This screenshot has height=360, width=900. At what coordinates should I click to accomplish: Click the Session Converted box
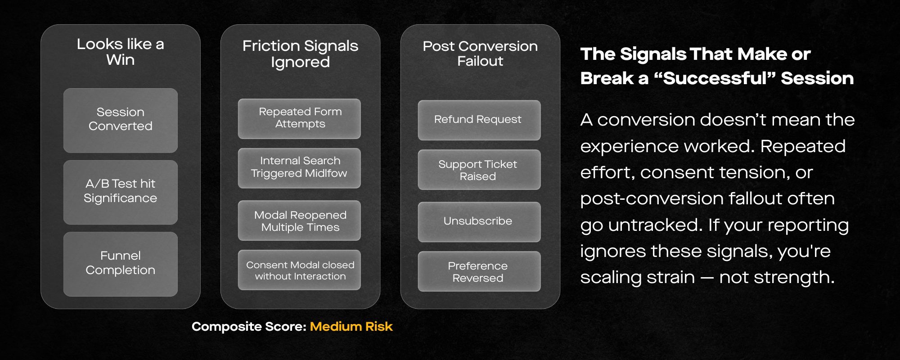tap(121, 120)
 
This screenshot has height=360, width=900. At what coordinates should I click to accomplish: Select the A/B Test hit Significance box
tap(121, 192)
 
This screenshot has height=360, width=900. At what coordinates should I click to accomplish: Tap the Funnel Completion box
tap(121, 264)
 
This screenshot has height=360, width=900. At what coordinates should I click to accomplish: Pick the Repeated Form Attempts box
tap(299, 119)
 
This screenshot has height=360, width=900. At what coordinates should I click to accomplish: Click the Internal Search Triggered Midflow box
tap(299, 168)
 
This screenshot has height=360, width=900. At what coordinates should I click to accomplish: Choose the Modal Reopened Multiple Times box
tap(299, 220)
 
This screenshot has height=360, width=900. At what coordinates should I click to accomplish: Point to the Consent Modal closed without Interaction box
tap(299, 270)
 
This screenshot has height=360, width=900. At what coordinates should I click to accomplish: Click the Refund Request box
tap(479, 120)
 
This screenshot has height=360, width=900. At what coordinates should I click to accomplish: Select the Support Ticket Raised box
tap(479, 170)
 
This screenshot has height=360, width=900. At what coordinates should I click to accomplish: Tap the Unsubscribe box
tap(479, 222)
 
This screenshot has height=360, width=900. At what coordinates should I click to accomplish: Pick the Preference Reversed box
tap(479, 271)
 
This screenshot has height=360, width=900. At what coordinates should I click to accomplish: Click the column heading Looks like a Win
tap(121, 52)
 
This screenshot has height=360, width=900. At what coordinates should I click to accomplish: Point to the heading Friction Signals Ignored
tap(300, 54)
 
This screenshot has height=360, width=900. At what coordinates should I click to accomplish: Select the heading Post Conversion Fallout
tap(480, 53)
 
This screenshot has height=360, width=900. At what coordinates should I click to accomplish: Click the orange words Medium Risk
tap(351, 326)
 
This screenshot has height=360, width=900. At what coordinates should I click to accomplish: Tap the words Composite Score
tap(249, 327)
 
